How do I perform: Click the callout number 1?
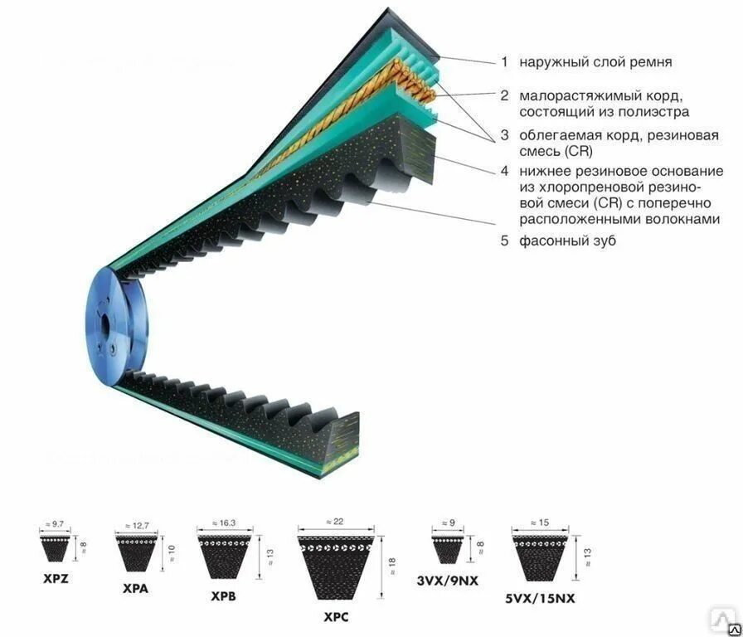(x=503, y=62)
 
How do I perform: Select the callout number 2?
(x=503, y=95)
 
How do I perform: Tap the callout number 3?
(x=503, y=136)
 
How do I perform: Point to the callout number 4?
(x=503, y=171)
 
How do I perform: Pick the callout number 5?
(x=503, y=241)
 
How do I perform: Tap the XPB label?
(x=223, y=596)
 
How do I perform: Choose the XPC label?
(x=335, y=617)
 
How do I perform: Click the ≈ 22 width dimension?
(x=335, y=521)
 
